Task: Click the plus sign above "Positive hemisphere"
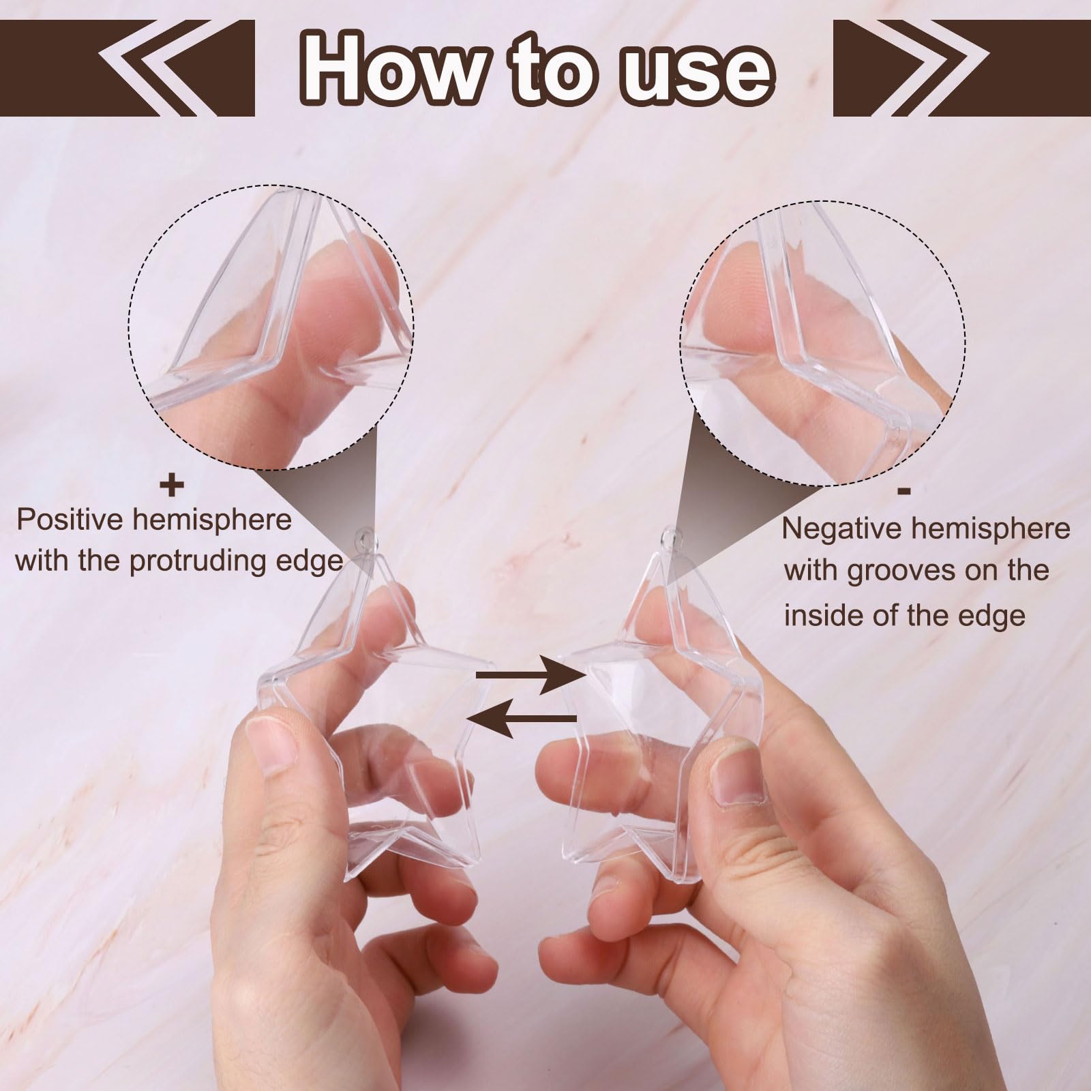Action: (172, 486)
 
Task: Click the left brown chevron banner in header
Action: (177, 68)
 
